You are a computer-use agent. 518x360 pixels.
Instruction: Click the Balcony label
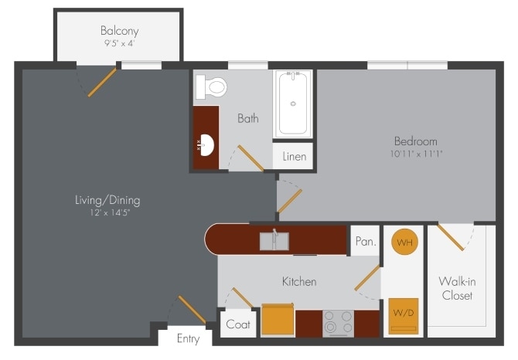click(x=118, y=31)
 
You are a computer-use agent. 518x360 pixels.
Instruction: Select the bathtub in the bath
click(x=293, y=104)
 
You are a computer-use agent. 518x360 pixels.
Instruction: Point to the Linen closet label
click(x=294, y=157)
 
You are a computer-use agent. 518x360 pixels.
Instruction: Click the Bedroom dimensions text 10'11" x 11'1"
click(x=415, y=154)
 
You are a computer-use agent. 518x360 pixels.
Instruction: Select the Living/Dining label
click(x=107, y=200)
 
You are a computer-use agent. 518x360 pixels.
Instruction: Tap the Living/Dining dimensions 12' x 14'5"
click(x=107, y=212)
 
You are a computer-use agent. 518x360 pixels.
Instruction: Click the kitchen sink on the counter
click(x=274, y=241)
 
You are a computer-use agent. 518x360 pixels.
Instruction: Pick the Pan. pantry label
click(x=365, y=241)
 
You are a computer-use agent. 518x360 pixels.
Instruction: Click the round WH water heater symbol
click(x=404, y=243)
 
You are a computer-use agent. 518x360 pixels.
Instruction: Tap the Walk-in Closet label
click(x=456, y=288)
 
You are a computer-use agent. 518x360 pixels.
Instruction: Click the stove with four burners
click(x=337, y=323)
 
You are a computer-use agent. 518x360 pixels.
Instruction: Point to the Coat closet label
click(x=237, y=324)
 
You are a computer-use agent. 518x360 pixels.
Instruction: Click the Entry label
click(x=188, y=338)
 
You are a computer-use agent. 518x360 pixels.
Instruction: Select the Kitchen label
click(x=298, y=281)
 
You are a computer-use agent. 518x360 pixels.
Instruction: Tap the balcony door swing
click(x=101, y=83)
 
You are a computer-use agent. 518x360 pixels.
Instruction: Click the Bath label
click(x=247, y=118)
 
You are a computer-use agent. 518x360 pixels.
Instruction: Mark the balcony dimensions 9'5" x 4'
click(x=118, y=44)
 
